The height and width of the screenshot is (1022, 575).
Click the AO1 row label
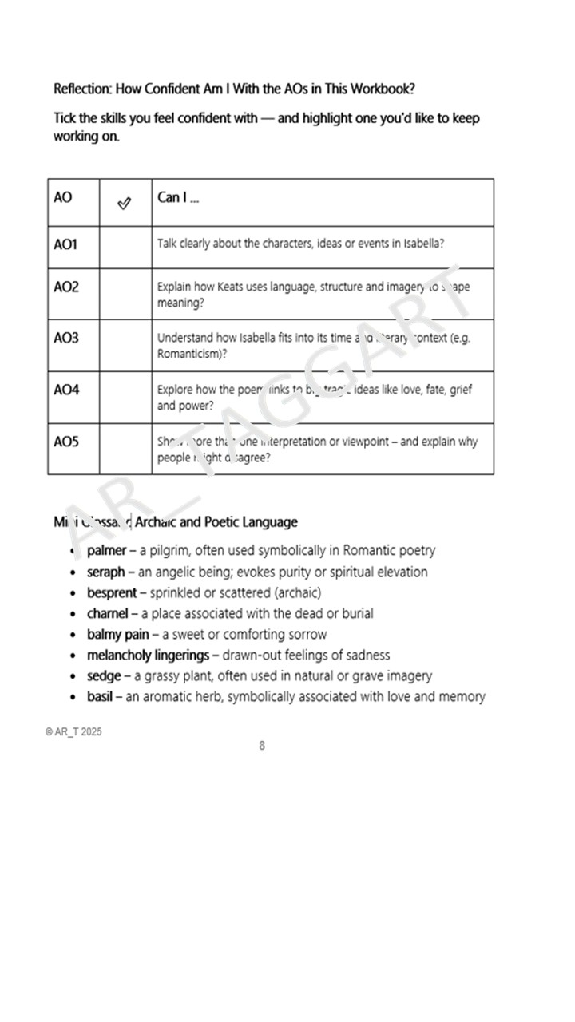65,244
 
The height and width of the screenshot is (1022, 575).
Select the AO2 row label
66,287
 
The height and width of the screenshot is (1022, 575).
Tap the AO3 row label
66,338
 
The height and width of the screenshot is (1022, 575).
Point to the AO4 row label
66,390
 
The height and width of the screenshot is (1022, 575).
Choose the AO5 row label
66,441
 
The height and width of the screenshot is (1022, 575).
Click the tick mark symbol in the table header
124,204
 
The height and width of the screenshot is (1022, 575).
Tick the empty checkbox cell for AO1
125,247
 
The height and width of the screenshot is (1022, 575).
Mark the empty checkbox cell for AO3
125,346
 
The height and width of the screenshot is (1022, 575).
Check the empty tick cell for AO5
125,449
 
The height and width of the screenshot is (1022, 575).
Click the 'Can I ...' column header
178,198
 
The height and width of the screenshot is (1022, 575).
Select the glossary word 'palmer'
106,551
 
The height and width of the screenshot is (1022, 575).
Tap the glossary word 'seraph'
106,572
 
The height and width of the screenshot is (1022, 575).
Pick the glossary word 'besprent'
112,593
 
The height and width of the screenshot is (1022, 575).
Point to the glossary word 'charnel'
107,614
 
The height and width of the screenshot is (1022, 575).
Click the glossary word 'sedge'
104,676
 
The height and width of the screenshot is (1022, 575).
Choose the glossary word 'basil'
101,697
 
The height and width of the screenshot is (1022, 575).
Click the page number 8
262,746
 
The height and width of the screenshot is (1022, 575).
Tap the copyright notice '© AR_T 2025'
73,732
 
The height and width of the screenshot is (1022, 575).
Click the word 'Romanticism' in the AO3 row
189,353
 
